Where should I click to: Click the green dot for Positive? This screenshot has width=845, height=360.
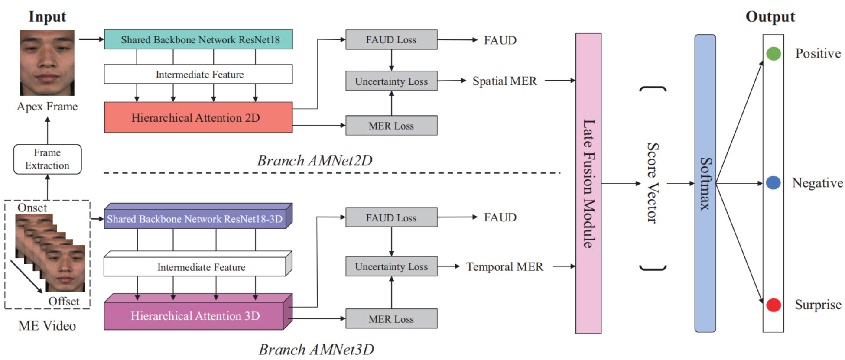coord(773,54)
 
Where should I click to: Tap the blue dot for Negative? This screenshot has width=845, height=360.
coord(773,183)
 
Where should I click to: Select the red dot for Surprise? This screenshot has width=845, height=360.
coord(773,305)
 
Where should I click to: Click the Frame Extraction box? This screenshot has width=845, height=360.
coord(47,159)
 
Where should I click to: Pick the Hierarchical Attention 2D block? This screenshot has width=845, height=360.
coord(198,117)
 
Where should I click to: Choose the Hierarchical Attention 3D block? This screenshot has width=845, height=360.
coord(198,312)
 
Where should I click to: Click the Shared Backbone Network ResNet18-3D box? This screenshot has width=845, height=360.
coord(198,216)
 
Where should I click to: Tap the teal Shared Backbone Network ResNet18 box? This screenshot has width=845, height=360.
coord(198,39)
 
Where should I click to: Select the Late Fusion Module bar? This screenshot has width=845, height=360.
coord(588,183)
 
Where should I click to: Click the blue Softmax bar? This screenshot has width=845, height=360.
coord(705,183)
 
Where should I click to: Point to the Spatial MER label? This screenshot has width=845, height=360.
coord(504,81)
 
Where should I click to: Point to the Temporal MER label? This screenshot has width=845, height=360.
coord(504,266)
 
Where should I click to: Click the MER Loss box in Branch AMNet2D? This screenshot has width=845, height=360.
coord(391,126)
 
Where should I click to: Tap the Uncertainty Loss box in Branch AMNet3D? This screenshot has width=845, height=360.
coord(391,266)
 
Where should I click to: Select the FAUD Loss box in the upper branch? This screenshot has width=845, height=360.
coord(391,39)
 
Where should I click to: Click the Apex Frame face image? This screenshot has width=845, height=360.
coord(47,63)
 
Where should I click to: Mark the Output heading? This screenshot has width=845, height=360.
coord(770,16)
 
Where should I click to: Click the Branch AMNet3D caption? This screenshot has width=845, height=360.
coord(316,349)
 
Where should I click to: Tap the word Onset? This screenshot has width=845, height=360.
coord(32,208)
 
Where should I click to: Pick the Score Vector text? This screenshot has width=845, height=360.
coord(653,183)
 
